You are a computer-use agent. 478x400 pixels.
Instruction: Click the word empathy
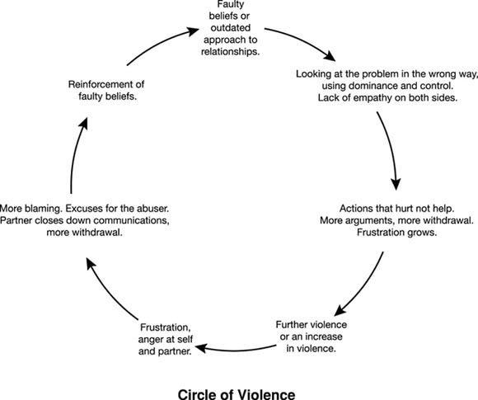pos(358,99)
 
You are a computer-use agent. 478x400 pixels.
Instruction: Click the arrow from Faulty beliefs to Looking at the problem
pos(309,45)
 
